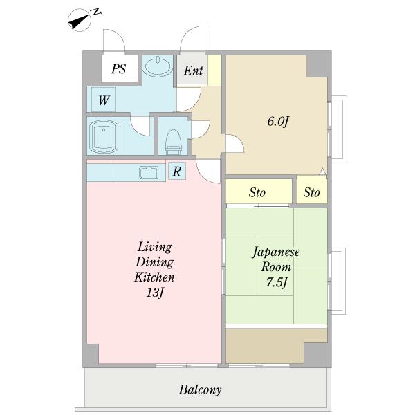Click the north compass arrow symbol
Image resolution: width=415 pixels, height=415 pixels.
pyautogui.click(x=80, y=20)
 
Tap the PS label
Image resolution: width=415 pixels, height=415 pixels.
pyautogui.click(x=119, y=68)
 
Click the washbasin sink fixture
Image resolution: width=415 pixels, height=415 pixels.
pyautogui.click(x=157, y=66)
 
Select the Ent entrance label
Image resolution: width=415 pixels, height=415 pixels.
pyautogui.click(x=193, y=71)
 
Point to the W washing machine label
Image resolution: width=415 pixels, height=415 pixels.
pyautogui.click(x=104, y=100)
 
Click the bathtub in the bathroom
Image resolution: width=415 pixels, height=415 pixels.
pyautogui.click(x=104, y=136)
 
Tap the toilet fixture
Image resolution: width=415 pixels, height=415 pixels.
pyautogui.click(x=174, y=142)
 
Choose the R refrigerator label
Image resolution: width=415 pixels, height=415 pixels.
pyautogui.click(x=177, y=172)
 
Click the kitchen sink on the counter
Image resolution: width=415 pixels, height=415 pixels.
pyautogui.click(x=149, y=172)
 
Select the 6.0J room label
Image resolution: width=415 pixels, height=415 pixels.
pyautogui.click(x=277, y=122)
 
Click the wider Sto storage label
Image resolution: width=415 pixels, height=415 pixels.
pyautogui.click(x=257, y=192)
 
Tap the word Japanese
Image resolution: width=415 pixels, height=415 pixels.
pyautogui.click(x=276, y=252)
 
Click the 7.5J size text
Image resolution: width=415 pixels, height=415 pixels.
pyautogui.click(x=277, y=282)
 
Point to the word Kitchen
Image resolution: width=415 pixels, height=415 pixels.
pyautogui.click(x=154, y=277)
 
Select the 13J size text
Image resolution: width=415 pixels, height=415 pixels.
pyautogui.click(x=155, y=293)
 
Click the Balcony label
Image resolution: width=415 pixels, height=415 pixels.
pyautogui.click(x=200, y=390)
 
